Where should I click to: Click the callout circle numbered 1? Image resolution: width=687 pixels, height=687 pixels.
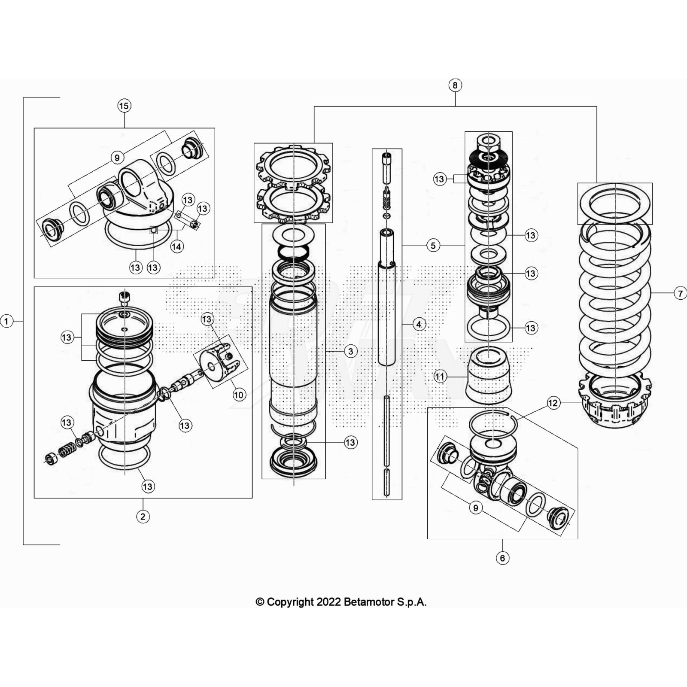(x=6, y=321)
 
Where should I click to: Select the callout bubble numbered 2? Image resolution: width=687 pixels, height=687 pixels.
(x=143, y=516)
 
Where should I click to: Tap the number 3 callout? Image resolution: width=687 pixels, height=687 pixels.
(x=351, y=351)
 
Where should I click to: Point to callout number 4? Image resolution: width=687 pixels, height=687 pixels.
(x=419, y=324)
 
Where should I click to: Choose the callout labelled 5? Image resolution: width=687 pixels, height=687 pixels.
(x=433, y=245)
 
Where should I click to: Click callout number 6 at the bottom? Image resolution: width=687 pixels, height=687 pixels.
(x=502, y=558)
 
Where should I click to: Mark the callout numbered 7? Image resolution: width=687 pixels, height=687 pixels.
(x=680, y=293)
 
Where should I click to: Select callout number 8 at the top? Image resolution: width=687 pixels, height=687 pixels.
(x=455, y=85)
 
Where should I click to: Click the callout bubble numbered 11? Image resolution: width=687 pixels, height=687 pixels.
(x=440, y=377)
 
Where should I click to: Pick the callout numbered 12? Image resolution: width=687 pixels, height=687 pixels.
(x=553, y=403)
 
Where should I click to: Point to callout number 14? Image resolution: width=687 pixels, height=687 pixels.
(x=176, y=246)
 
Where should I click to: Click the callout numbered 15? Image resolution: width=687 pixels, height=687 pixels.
(x=124, y=106)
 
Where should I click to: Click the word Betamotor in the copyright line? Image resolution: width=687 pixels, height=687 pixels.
(x=369, y=602)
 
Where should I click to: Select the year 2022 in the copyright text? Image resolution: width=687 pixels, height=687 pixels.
(x=329, y=602)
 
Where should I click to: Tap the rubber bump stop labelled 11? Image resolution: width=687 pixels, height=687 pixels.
(x=488, y=378)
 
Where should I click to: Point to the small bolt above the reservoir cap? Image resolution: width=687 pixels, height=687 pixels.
(x=124, y=297)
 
